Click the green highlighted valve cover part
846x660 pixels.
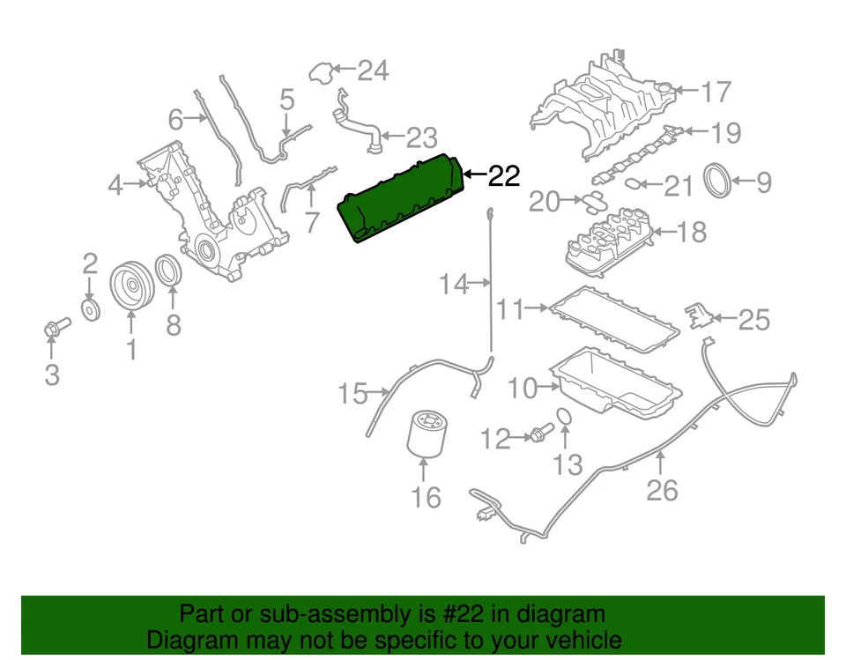[401, 198]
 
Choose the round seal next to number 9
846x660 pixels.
[720, 182]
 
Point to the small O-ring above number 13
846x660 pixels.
[567, 418]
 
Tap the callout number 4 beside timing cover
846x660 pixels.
[115, 185]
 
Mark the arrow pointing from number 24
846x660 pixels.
[342, 70]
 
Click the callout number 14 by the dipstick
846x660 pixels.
[455, 284]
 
